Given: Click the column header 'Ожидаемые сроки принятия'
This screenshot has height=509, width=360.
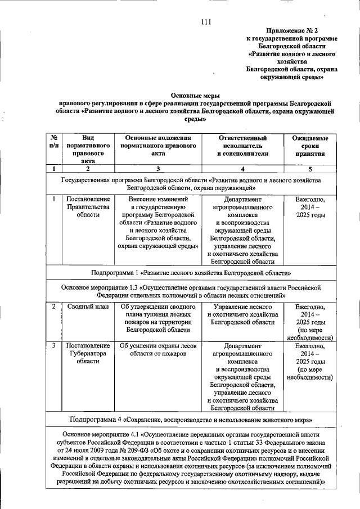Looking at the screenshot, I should click(x=310, y=145).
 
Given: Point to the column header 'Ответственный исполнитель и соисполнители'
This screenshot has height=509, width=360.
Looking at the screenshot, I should click(x=242, y=145).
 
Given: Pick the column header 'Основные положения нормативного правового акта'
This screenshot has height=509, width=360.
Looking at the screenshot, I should click(x=157, y=145).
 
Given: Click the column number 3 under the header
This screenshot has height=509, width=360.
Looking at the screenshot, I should click(x=157, y=169).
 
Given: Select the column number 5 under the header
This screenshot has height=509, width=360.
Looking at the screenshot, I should click(x=310, y=169).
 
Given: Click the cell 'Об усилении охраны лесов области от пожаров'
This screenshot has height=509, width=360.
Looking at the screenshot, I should click(x=157, y=349).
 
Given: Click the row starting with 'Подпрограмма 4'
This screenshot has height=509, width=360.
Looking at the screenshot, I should click(x=191, y=420).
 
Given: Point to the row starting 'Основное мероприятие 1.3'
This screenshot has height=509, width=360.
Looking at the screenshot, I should click(x=191, y=291).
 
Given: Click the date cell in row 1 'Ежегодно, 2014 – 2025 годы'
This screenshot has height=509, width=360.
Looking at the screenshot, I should click(x=310, y=206).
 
